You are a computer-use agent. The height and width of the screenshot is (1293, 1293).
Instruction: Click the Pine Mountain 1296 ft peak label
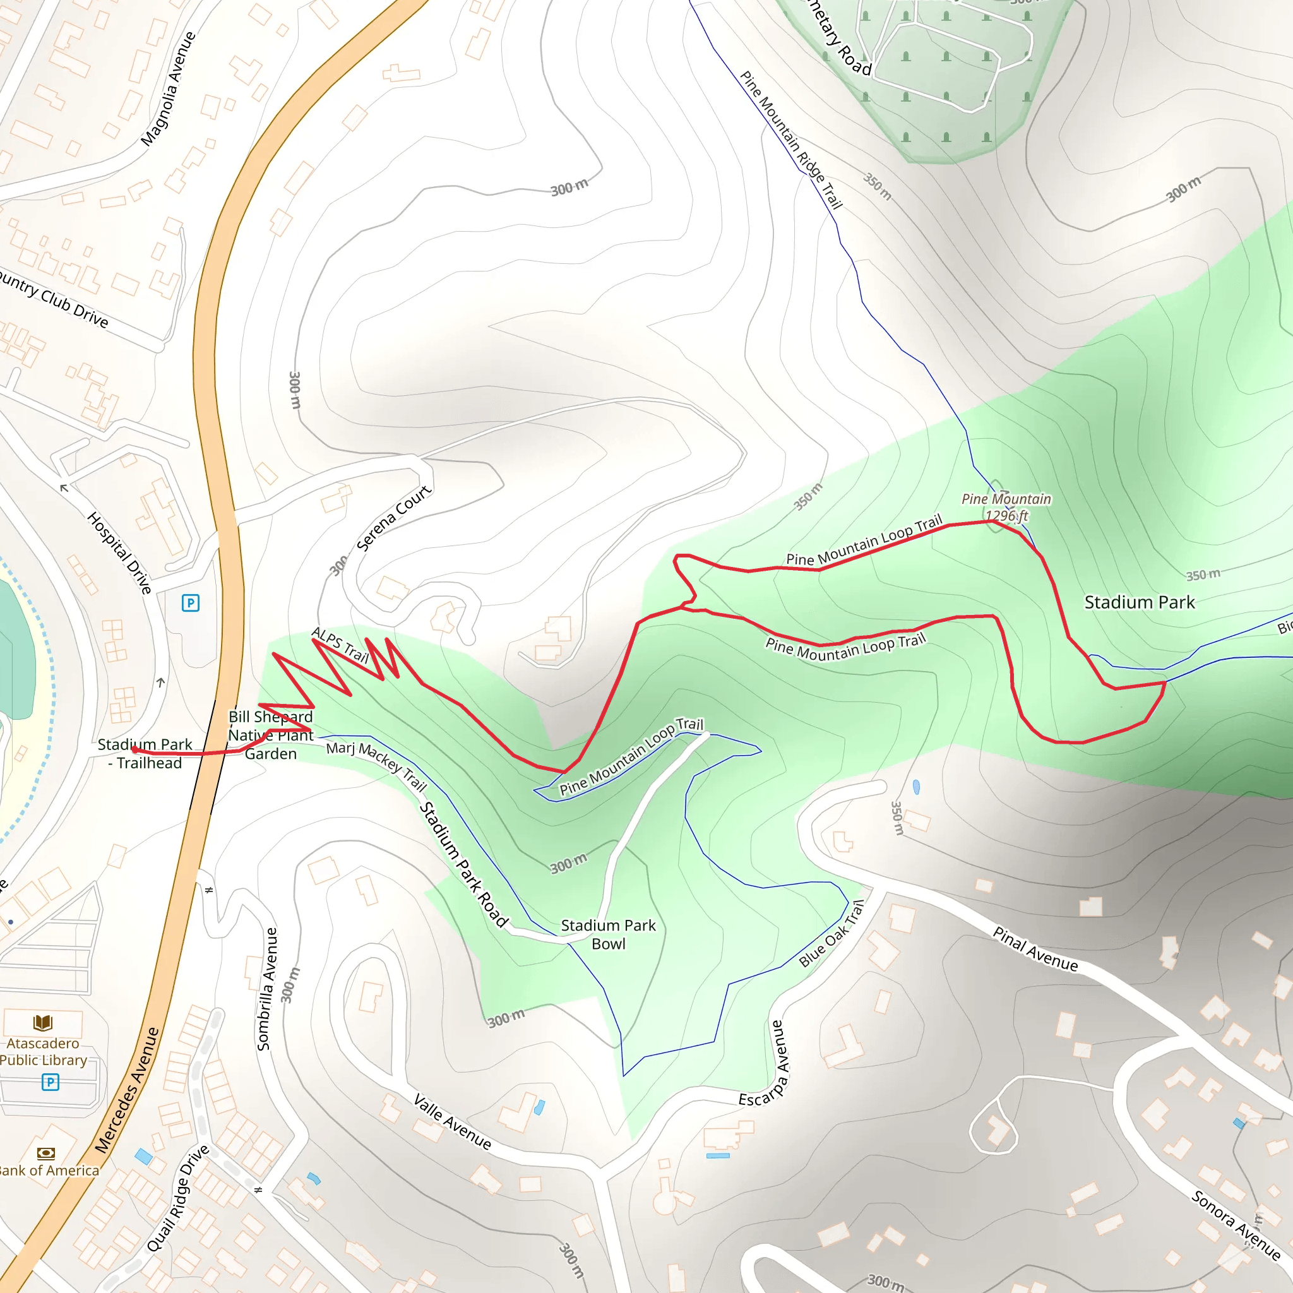1006,508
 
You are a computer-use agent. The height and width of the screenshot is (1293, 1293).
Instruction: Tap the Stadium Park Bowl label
608,934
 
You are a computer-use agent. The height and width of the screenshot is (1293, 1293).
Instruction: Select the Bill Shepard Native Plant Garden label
270,735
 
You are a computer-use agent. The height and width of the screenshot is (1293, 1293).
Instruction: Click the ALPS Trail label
340,645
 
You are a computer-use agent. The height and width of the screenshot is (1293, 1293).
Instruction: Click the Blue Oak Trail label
831,934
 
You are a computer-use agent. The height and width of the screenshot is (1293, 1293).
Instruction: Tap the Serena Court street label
393,518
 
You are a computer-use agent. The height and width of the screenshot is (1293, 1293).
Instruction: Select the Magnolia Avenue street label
168,88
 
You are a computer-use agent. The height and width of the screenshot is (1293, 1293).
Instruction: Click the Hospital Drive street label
120,553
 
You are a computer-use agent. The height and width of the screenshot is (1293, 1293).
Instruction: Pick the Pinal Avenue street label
1035,949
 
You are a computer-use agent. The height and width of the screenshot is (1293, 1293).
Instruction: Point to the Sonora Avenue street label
1236,1225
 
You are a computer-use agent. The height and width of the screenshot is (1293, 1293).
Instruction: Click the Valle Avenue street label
453,1121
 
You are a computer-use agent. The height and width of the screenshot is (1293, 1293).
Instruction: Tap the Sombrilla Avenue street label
266,989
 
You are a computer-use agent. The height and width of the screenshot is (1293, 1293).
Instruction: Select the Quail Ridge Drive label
177,1198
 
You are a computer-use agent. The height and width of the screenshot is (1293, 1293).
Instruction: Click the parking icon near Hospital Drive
191,603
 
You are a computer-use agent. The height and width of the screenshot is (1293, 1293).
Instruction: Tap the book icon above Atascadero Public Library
43,1023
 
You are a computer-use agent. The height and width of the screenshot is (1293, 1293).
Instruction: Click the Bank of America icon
45,1153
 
